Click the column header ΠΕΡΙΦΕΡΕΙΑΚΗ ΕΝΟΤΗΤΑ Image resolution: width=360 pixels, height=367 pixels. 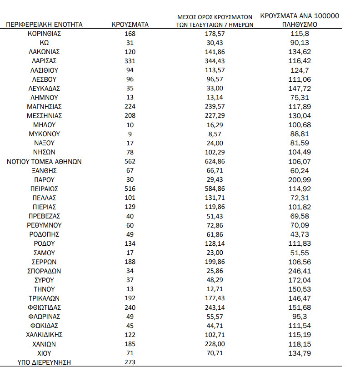45,24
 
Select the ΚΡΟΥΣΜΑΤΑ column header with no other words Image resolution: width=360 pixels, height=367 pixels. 130,24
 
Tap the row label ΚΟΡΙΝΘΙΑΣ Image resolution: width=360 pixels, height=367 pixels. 45,34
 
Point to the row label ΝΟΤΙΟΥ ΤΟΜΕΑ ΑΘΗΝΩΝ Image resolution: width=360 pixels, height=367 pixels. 45,161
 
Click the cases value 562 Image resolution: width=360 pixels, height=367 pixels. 130,161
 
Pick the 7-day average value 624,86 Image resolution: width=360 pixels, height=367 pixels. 215,161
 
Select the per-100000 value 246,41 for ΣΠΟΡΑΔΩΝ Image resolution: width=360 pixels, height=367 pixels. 300,271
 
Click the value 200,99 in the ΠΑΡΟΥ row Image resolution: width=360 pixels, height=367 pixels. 300,179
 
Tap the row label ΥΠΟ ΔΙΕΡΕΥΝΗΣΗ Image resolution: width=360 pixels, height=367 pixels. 45,362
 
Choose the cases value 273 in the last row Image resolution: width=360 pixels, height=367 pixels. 130,362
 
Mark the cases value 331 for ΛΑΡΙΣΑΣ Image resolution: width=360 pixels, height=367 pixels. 130,61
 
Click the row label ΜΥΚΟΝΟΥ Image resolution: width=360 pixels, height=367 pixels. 45,134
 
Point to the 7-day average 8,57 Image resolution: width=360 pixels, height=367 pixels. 215,134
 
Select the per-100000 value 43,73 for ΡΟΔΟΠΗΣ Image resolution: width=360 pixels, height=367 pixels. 300,234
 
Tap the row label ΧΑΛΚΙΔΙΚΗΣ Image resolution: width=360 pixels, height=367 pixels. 45,335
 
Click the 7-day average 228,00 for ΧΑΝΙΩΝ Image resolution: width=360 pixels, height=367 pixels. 215,344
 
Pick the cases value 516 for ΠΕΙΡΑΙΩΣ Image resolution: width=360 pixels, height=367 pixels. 130,188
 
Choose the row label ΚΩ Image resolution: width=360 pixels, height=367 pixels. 45,43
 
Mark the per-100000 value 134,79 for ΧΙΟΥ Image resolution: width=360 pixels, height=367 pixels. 300,353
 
